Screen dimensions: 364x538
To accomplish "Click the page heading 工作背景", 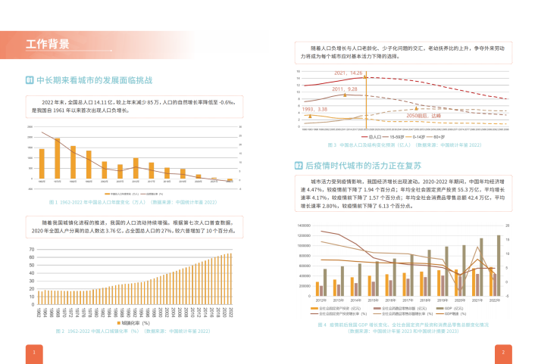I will tap(47, 43).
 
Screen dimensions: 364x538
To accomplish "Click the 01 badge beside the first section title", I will tap(30, 79).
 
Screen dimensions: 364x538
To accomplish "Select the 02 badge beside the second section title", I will tap(299, 165).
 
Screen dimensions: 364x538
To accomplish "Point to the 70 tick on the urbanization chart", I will tap(31, 249).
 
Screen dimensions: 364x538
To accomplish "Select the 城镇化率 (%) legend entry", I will tap(136, 322).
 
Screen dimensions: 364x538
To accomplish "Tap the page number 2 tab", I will tap(504, 352).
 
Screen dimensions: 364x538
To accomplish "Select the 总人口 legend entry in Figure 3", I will tap(375, 136).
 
